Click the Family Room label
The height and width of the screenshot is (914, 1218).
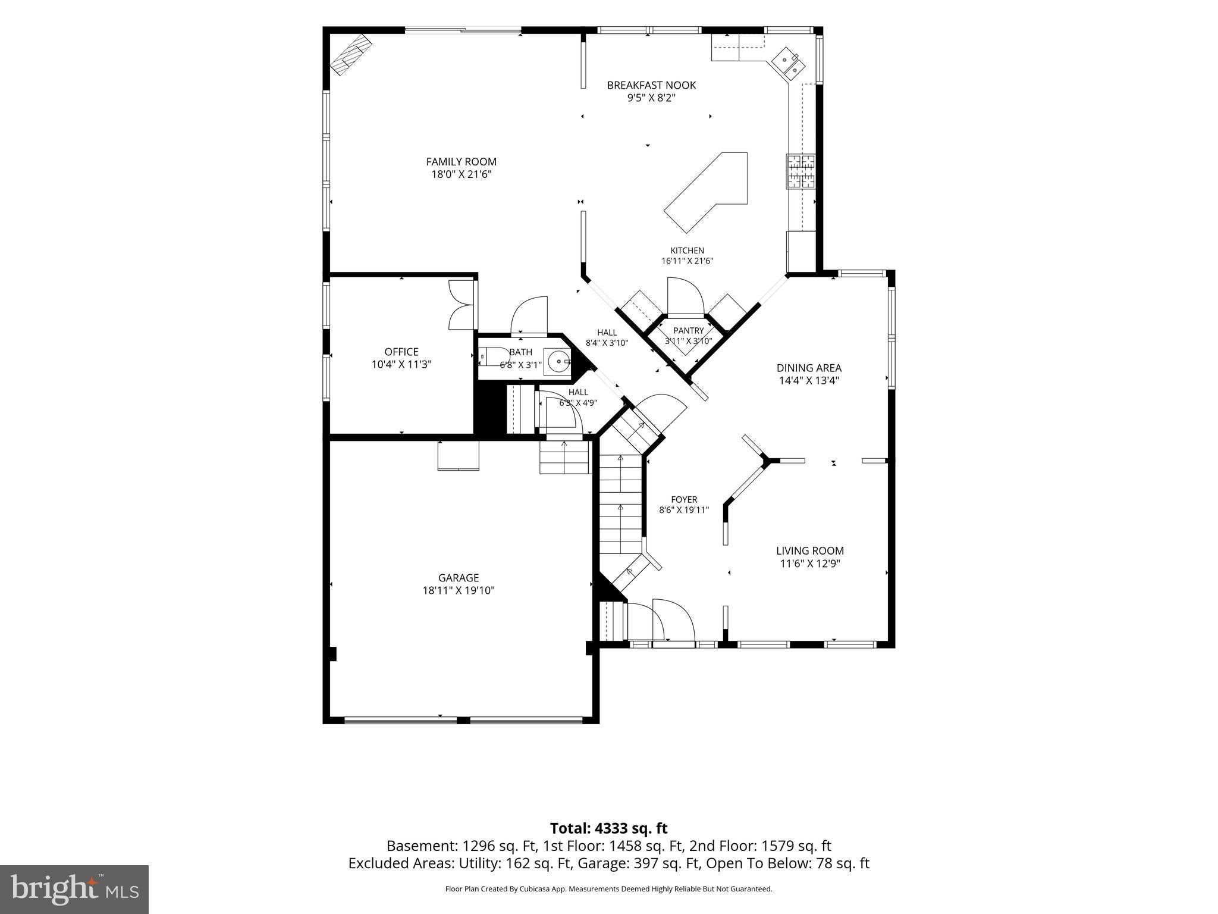coord(461,162)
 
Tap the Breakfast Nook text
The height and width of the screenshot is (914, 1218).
coord(651,85)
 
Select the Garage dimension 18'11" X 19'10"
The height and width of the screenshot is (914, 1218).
coord(459,590)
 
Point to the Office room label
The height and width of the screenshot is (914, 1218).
coord(401,352)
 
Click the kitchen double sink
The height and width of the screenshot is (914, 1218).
coord(789,62)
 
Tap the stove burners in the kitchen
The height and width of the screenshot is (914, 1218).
coord(801,171)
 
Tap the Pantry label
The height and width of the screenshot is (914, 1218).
coord(689,331)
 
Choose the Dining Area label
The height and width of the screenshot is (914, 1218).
coord(809,368)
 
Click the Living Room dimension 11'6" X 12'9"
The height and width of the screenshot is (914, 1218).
coord(810,564)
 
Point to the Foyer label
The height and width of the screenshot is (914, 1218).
coord(684,500)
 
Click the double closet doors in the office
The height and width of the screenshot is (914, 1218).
coord(462,305)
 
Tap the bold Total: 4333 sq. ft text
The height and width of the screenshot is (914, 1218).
coord(608,828)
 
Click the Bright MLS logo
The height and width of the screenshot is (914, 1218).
coord(74,889)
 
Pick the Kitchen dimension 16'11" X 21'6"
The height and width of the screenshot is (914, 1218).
coord(688,261)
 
